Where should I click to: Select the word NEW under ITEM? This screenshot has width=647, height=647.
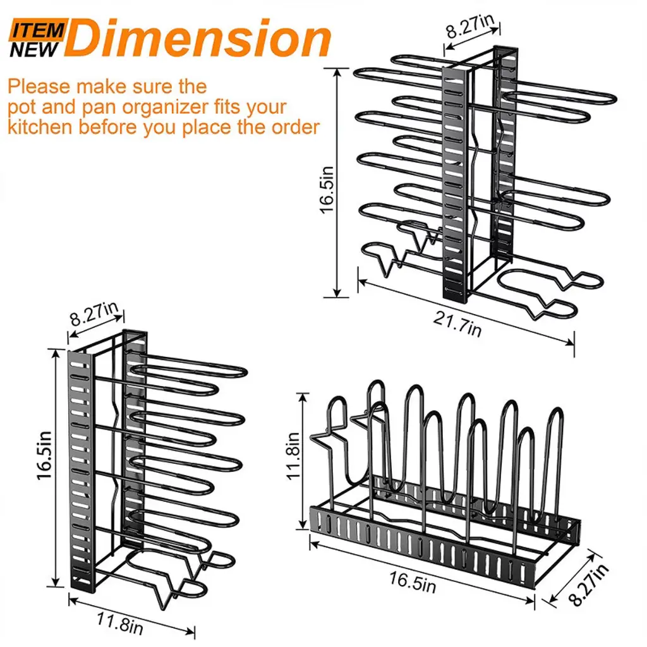(x=34, y=49)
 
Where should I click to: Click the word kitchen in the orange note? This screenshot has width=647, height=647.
(x=40, y=126)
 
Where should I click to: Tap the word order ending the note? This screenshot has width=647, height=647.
(x=295, y=126)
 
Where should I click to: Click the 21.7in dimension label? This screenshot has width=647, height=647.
(x=457, y=324)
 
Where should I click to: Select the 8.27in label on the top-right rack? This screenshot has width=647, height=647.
(x=470, y=25)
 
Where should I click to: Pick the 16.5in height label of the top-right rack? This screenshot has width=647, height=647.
(x=327, y=190)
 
